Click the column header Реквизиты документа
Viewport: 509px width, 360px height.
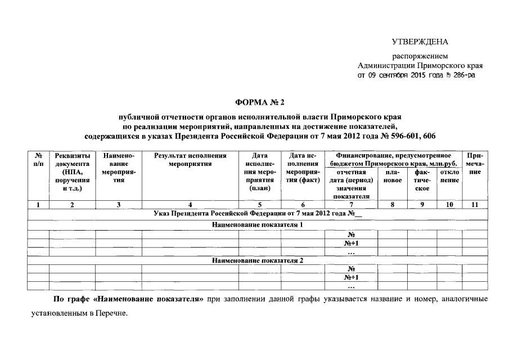[x=72, y=172]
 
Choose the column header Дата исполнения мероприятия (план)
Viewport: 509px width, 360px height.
[x=260, y=172]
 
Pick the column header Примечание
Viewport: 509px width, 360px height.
[x=475, y=164]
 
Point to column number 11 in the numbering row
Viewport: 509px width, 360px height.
[x=475, y=205]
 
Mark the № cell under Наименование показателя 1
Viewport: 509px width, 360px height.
[x=351, y=235]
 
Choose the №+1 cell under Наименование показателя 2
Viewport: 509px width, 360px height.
[x=351, y=278]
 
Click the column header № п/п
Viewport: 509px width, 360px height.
[x=38, y=160]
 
